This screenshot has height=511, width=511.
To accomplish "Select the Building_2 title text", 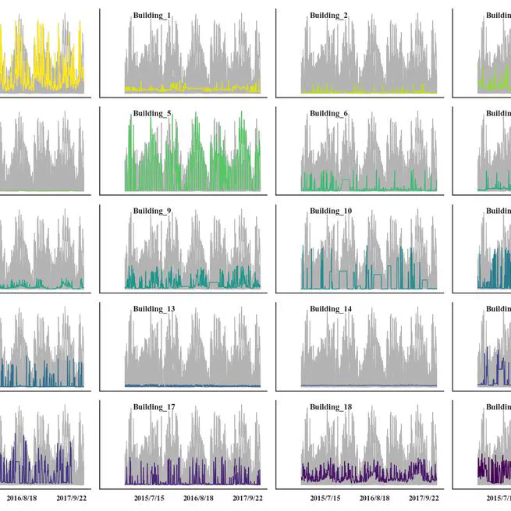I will coord(328,16).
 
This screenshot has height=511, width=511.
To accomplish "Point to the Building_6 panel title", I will coord(328,113).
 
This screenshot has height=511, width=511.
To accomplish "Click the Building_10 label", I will coord(331,211).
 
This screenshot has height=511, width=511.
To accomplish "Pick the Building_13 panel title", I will coord(154,309).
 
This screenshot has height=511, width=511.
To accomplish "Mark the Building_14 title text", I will coord(331,309).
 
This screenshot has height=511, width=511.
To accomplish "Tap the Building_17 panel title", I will coord(154,406).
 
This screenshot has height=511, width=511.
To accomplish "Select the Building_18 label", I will coord(331,406).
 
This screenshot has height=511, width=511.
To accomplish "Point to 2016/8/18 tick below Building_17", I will coord(200,497).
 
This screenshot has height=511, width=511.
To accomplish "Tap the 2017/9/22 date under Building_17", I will coord(248,497).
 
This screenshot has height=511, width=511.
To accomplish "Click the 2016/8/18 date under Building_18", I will coord(376,497).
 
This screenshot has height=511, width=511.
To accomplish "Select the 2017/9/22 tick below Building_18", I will coord(424,497).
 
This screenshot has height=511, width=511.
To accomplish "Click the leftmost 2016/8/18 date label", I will coord(23,497).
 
